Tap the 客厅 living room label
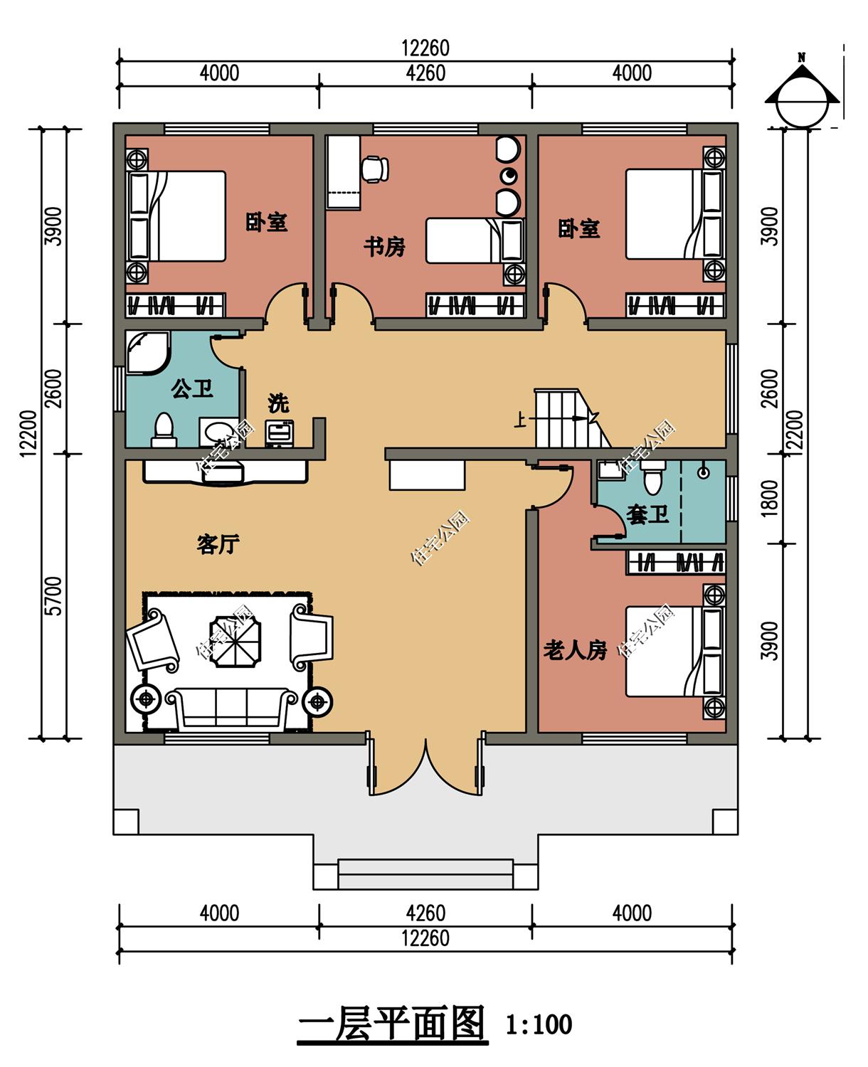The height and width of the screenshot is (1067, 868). tap(218, 544)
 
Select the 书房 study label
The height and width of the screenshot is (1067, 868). tap(384, 247)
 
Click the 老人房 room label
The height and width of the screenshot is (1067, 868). tap(575, 651)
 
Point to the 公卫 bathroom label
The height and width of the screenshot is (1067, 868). tap(192, 388)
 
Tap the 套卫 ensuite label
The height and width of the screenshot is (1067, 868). tap(647, 514)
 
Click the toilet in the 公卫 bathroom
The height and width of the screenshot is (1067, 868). tap(164, 430)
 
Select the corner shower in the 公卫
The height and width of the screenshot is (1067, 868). tap(148, 353)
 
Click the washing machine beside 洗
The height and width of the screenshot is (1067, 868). tap(279, 433)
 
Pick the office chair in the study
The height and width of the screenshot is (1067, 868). tap(375, 169)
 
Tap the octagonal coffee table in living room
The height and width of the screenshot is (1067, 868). tap(235, 641)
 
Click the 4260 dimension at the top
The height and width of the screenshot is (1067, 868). tap(425, 74)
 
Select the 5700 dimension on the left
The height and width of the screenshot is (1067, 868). tap(53, 596)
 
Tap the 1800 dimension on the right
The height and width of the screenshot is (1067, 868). tap(769, 499)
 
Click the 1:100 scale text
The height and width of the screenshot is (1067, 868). tap(539, 1024)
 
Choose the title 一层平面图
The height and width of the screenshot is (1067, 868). tap(392, 1023)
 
